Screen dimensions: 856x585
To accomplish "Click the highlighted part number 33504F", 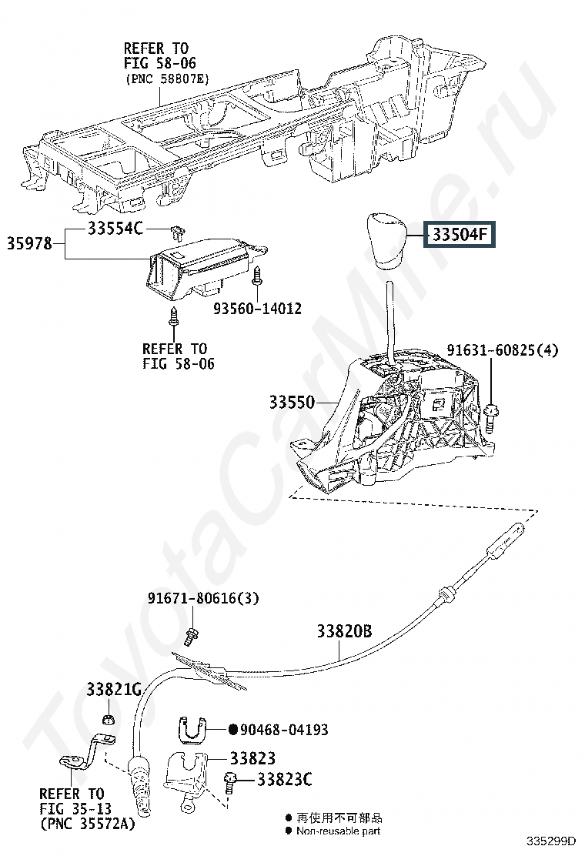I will point(460,234).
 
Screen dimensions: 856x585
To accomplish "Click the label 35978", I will point(30,244).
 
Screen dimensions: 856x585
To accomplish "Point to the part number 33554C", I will point(115,229).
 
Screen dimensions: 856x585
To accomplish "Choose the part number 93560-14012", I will point(257,309).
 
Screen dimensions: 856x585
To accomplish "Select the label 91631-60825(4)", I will point(506,351).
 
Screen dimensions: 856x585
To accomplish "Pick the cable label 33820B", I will point(344,631).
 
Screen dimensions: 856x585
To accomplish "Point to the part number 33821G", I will point(112,689).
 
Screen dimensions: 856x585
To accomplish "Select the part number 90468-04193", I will point(284,729).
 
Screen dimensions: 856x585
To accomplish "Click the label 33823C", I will point(284,780).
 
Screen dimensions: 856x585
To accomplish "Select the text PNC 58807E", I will point(165,79).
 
